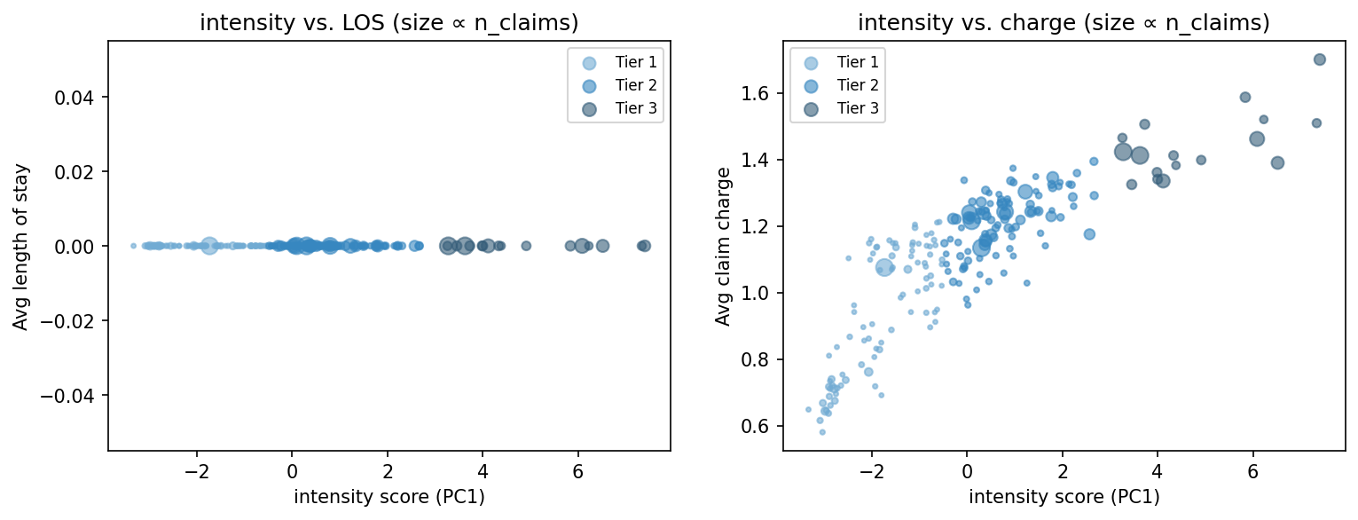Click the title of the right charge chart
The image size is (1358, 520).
tap(1064, 24)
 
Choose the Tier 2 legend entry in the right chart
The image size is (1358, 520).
tap(843, 85)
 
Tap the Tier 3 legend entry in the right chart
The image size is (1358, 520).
tap(843, 108)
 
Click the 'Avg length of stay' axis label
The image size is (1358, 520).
tap(20, 246)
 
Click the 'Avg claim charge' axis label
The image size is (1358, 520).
tap(723, 246)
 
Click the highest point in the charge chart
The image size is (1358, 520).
tap(1319, 59)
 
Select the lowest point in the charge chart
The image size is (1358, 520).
tap(822, 432)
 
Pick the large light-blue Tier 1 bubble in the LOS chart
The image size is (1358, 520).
tap(209, 246)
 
